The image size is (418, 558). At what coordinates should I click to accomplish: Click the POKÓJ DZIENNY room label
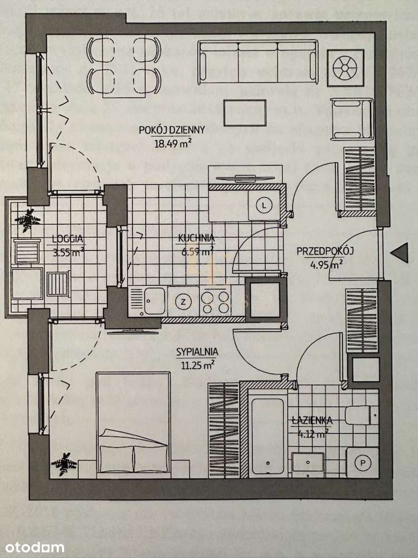click(172, 129)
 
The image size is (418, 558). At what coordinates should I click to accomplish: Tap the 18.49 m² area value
click(173, 142)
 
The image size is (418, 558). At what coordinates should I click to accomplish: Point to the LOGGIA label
click(64, 239)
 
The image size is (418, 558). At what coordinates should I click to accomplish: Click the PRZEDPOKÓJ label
click(325, 252)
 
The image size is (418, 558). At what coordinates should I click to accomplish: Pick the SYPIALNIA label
click(196, 352)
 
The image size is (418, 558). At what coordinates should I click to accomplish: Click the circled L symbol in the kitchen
click(264, 205)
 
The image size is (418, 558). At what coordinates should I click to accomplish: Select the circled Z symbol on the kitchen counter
click(183, 302)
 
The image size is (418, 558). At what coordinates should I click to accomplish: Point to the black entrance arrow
click(399, 253)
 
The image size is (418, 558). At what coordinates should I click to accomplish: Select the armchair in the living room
click(351, 118)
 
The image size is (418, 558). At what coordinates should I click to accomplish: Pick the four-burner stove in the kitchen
click(215, 301)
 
